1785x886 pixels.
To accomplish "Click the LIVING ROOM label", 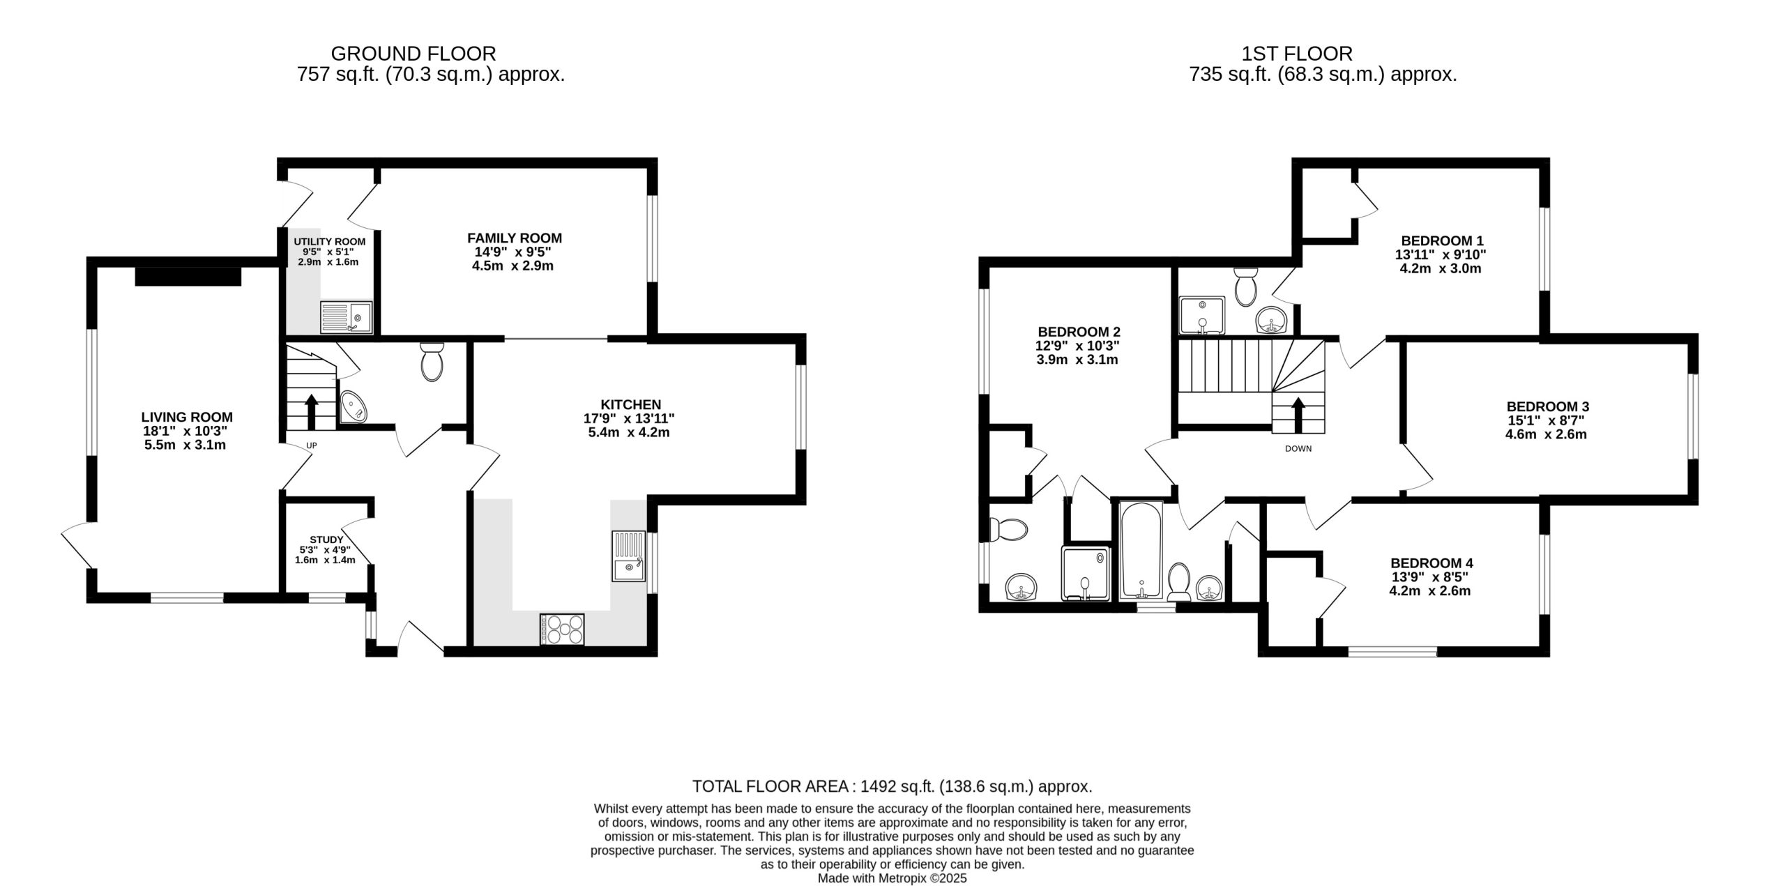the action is (187, 418).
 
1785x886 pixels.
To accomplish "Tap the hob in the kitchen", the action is (562, 629).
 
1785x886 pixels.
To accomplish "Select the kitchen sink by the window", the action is (630, 556).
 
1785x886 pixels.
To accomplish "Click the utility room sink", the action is (347, 318).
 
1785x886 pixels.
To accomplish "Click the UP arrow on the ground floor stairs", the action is (311, 411).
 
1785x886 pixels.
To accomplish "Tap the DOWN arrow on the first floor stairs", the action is (1298, 415).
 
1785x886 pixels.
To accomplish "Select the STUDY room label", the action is (326, 540).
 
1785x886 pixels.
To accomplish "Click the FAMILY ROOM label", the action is (515, 238).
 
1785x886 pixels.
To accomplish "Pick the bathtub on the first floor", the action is (1141, 551).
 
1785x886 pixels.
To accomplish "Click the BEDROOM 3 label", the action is (1548, 406).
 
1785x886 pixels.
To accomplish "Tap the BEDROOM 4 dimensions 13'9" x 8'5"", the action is (1430, 577).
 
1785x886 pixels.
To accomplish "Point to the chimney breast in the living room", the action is (188, 276).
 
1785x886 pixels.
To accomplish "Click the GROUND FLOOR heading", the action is (413, 54).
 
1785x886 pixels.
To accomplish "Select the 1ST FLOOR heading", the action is (1297, 54).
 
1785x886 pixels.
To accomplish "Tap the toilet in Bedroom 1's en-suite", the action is (1245, 287).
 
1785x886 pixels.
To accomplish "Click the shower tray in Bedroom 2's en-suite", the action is (1085, 574).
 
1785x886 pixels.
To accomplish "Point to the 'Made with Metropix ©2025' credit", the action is (892, 878).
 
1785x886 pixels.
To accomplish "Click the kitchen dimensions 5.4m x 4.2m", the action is (629, 432).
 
